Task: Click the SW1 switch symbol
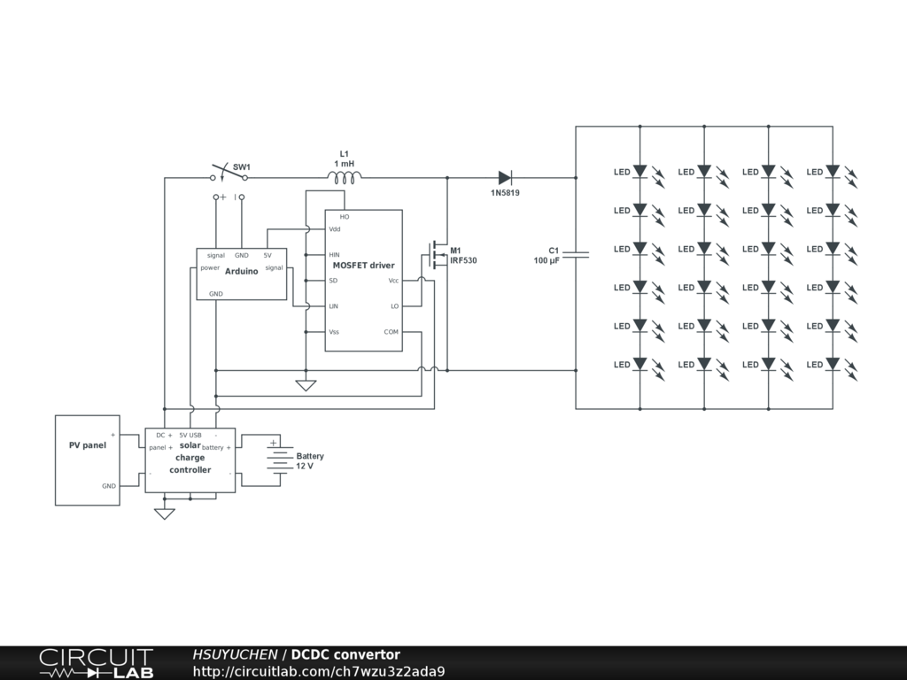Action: (229, 173)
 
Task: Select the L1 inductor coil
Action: (344, 178)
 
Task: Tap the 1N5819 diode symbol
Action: (505, 178)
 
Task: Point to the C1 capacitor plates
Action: (576, 255)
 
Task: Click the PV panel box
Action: (88, 460)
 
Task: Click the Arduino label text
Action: (242, 272)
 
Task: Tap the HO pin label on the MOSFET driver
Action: (345, 217)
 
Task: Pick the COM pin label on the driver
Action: (391, 332)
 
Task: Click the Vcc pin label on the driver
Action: (393, 281)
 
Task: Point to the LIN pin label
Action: (334, 306)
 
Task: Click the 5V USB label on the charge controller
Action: (190, 435)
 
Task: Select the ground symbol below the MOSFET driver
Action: (306, 385)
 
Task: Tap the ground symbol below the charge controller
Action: (165, 514)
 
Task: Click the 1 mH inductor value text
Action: (345, 164)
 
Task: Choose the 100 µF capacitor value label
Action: (547, 261)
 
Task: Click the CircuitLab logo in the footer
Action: (96, 663)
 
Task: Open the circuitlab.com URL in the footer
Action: (319, 671)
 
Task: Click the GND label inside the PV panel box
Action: (109, 486)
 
